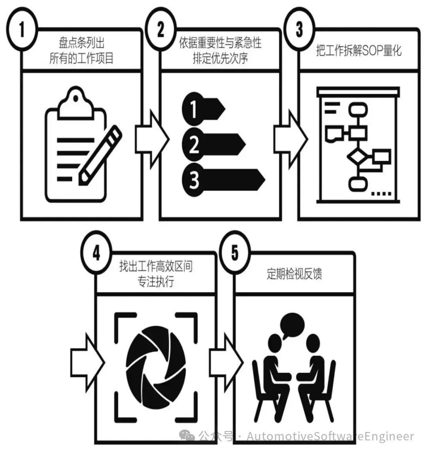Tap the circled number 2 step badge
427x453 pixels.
coord(160,29)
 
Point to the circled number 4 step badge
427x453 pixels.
coord(96,253)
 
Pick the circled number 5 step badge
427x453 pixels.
coord(235,253)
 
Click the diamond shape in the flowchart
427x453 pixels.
coord(357,157)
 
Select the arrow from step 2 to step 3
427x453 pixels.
coord(290,136)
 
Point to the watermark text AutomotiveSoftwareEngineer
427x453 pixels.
coord(330,436)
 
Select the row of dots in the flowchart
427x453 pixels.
coord(382,194)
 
